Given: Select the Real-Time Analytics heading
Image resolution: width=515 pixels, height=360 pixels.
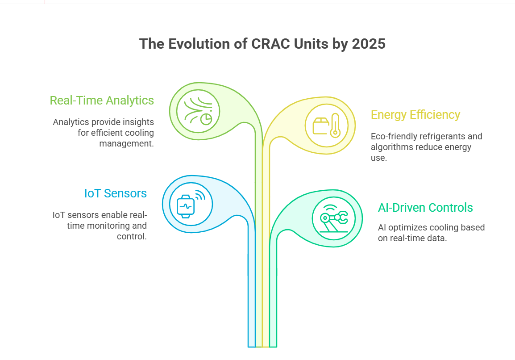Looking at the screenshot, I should (102, 100).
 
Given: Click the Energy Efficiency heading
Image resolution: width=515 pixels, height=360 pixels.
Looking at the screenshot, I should (415, 115).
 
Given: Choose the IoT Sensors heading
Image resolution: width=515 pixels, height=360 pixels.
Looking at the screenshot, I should (116, 193).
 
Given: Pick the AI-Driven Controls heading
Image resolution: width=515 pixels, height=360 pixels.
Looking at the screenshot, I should (425, 208).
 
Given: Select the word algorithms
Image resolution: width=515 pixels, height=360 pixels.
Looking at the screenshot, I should (390, 147).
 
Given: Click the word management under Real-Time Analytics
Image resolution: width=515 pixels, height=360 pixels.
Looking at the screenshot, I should (126, 143).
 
